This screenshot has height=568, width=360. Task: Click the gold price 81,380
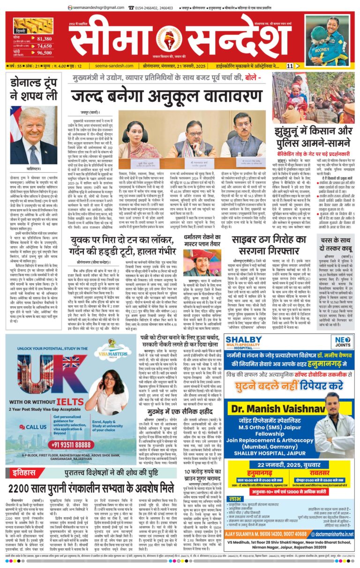point(44,39)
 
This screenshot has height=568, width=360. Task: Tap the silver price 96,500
point(44,53)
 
